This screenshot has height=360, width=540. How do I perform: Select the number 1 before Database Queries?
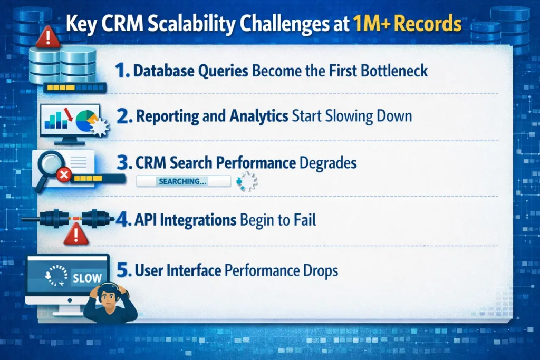(x=122, y=71)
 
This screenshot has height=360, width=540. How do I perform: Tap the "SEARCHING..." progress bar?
(x=183, y=181)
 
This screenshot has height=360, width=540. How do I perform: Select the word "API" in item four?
(x=147, y=219)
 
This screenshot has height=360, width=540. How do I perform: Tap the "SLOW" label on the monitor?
(x=86, y=278)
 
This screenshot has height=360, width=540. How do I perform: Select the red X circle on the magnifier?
(x=64, y=176)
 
